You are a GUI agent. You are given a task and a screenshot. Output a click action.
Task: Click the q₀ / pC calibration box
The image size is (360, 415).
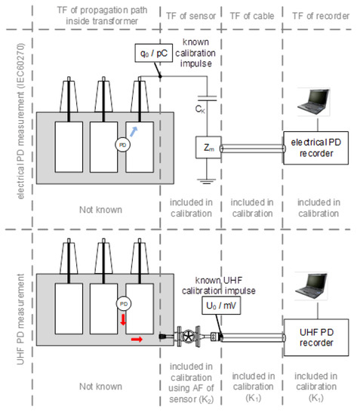pos(153,54)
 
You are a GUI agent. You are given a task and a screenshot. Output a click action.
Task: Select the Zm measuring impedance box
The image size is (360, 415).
pos(208,147)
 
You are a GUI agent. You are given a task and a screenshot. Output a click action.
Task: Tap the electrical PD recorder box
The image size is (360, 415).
pos(315,148)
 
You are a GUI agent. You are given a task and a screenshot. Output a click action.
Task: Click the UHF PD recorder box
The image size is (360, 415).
pos(316,337)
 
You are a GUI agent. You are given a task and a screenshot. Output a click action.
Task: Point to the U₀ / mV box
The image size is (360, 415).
pos(221,306)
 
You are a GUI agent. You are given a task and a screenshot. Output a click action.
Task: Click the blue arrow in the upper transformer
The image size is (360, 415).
pos(134,131)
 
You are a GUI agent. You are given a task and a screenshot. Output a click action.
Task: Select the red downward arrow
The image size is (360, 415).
pos(123,319)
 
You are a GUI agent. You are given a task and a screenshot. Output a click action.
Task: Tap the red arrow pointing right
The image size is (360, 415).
pos(137,340)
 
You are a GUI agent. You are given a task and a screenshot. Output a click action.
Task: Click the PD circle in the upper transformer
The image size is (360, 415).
pos(122,145)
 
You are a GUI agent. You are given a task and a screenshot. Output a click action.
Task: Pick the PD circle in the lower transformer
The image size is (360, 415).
pos(124,303)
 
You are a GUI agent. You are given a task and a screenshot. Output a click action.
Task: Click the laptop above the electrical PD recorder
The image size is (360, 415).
pos(314,102)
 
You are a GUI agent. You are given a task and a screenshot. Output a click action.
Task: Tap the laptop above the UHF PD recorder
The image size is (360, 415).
pos(312,286)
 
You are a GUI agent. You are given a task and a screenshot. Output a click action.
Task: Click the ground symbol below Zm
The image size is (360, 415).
pos(207,181)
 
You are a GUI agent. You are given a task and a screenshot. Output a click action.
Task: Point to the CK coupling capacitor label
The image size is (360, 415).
pos(200,109)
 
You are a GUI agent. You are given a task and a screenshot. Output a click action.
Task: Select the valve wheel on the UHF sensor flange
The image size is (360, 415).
pos(189,337)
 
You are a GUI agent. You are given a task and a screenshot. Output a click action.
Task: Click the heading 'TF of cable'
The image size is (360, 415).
pos(252,16)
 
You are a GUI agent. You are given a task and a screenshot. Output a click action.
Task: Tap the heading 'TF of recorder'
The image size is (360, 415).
pos(321,16)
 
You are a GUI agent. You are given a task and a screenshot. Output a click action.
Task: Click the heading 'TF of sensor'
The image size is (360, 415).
pos(191,16)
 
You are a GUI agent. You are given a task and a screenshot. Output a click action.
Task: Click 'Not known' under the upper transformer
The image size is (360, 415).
pos(100,210)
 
